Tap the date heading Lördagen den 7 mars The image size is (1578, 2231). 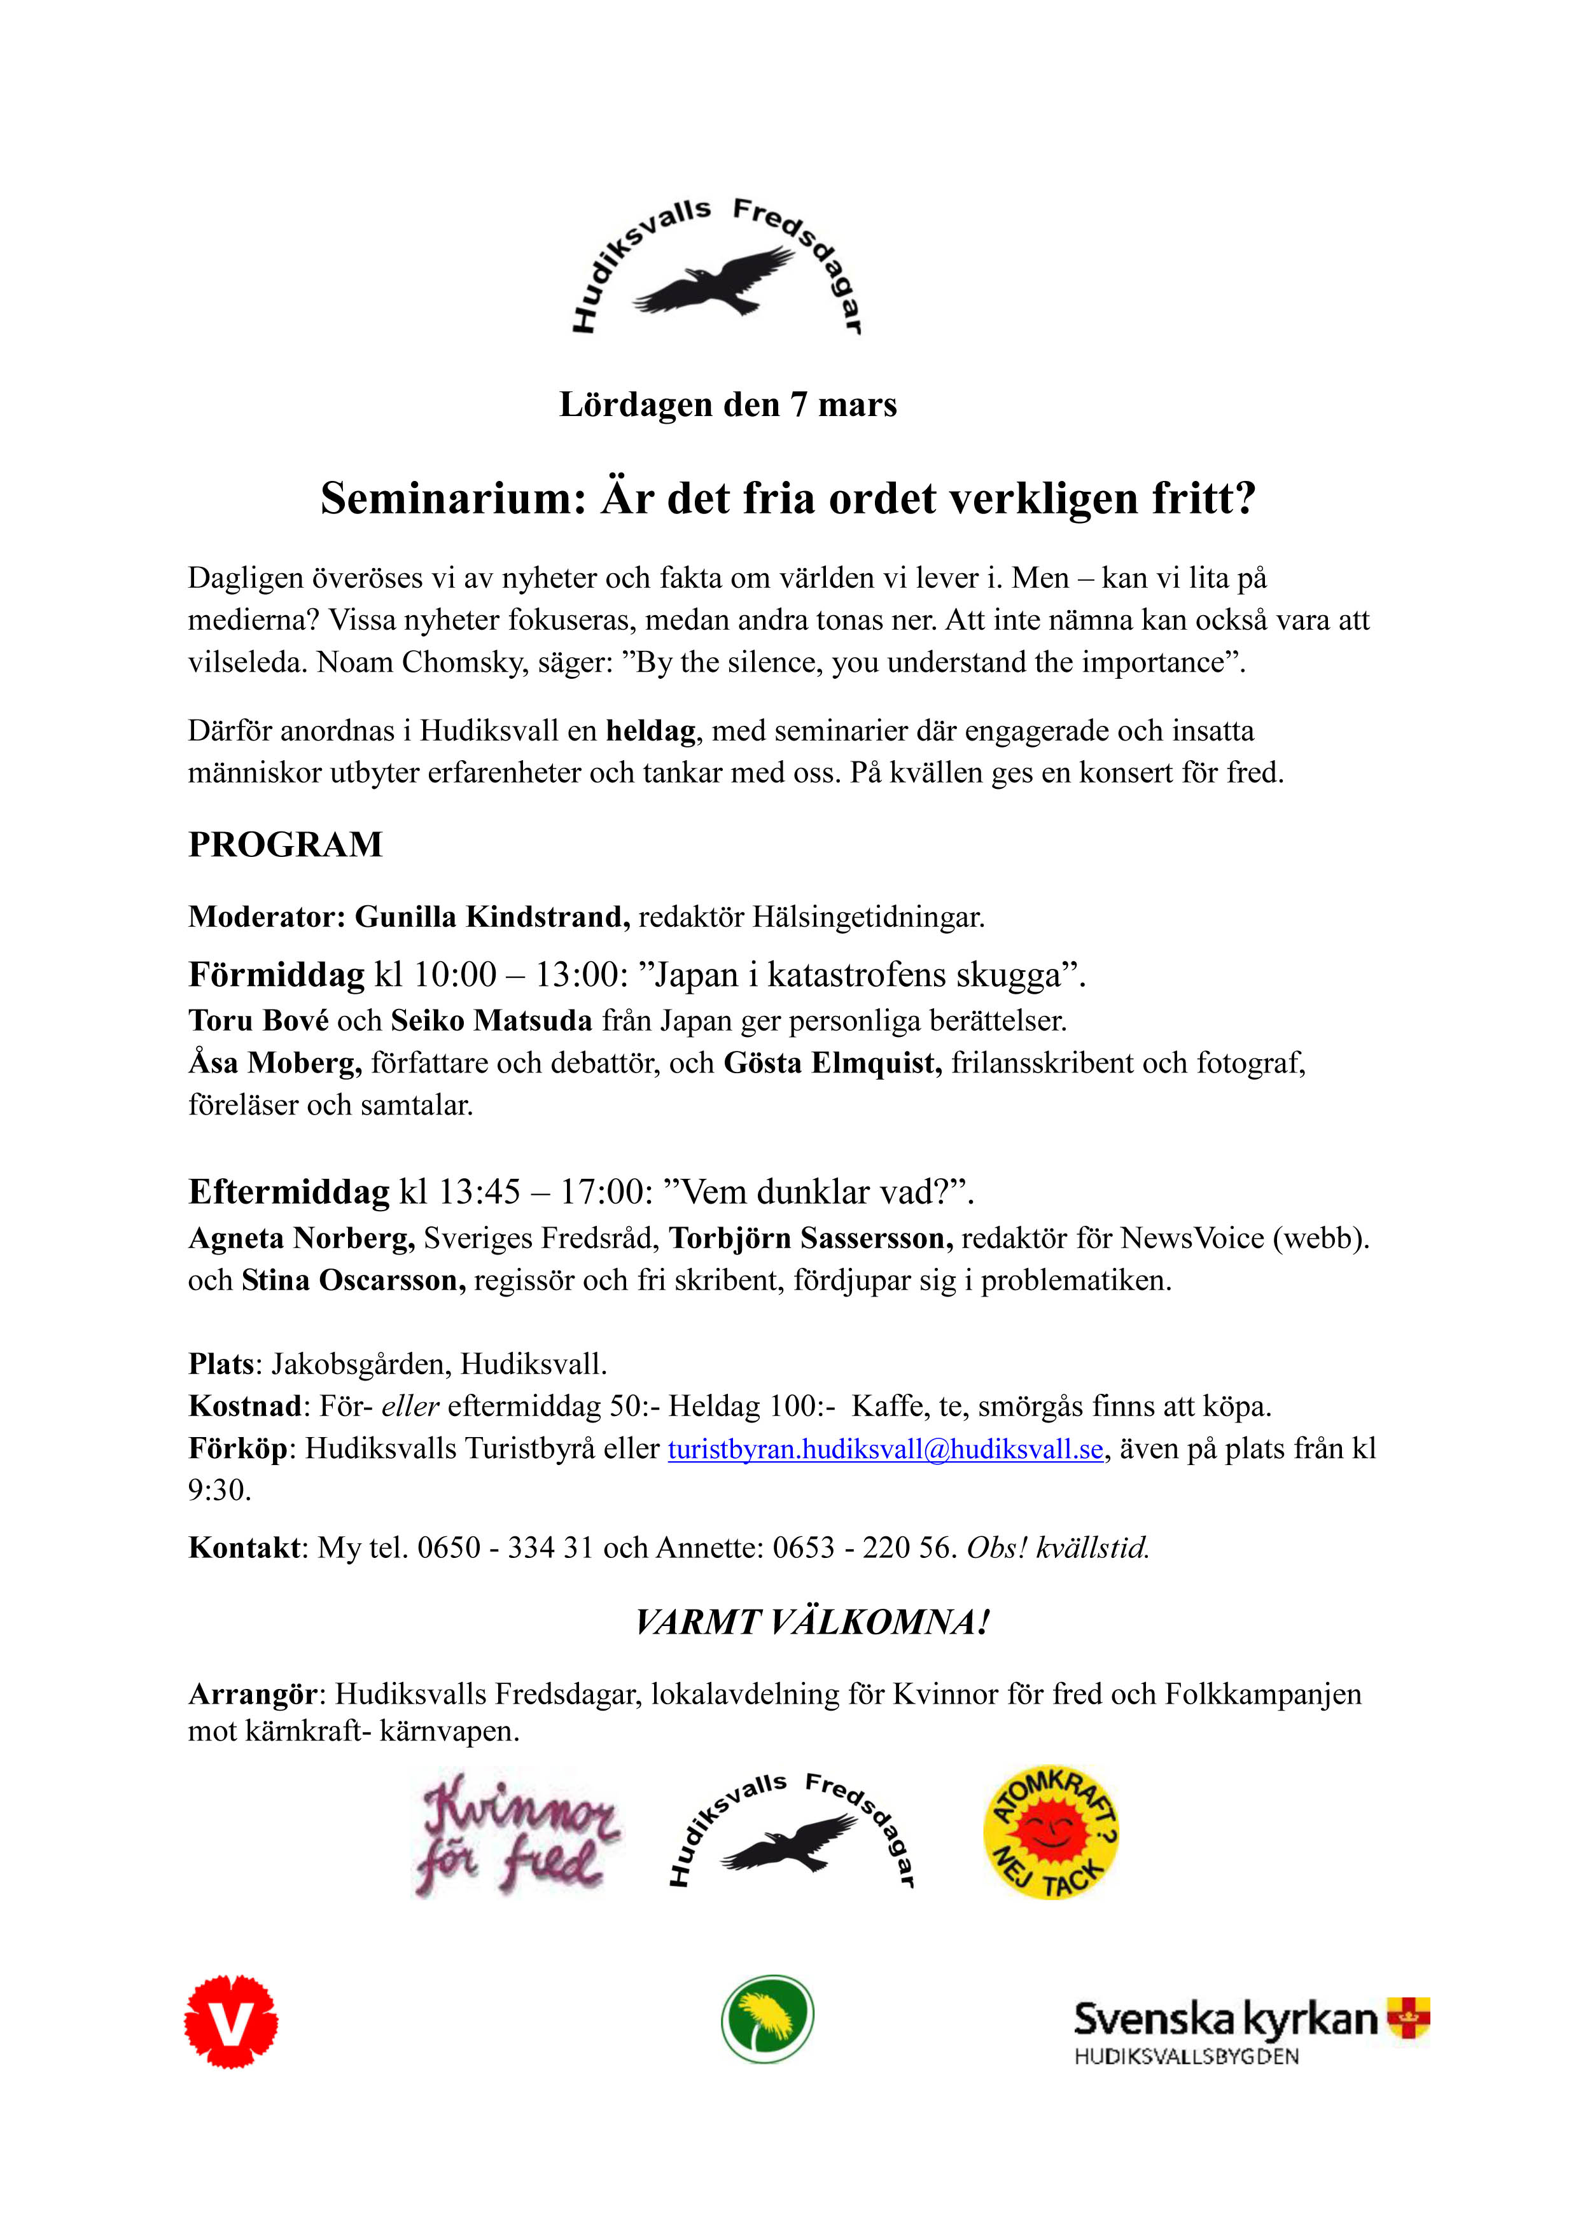click(728, 404)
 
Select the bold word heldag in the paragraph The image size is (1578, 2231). click(651, 731)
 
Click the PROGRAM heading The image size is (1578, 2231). click(286, 844)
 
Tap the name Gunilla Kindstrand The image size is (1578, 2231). click(492, 916)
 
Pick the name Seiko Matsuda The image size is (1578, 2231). click(492, 1020)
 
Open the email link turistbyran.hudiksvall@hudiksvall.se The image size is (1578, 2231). click(885, 1449)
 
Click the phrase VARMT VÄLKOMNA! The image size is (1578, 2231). click(813, 1623)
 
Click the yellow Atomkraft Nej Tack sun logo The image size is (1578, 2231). click(1051, 1831)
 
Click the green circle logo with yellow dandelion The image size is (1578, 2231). click(767, 2019)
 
